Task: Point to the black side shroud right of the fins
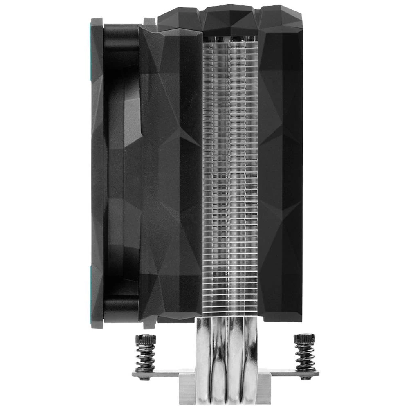pyautogui.click(x=282, y=172)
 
